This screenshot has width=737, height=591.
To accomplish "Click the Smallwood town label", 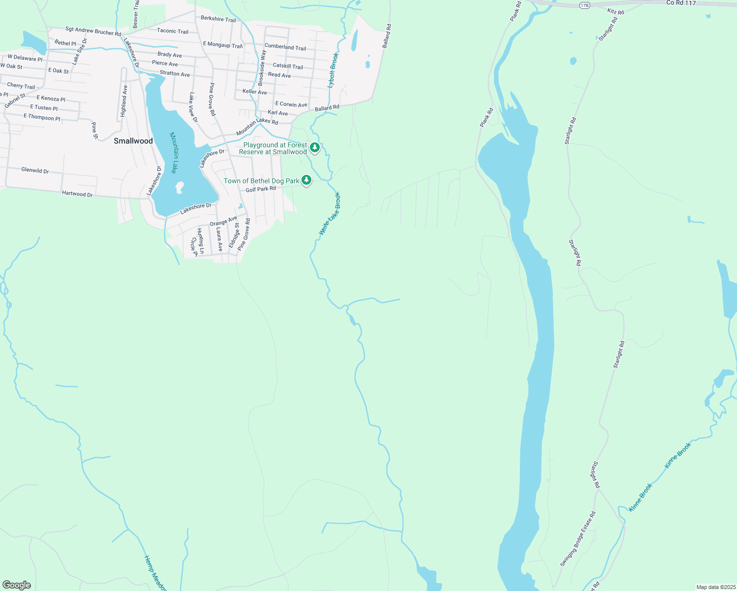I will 133,141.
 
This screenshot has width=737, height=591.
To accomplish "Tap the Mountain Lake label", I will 173,153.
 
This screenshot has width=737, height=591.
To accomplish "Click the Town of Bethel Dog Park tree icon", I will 306,180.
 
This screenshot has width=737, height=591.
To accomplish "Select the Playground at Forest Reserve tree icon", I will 315,147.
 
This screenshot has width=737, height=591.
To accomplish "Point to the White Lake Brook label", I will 330,214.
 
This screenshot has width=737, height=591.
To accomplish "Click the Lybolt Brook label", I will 334,70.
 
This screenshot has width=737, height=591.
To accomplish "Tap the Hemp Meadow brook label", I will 155,573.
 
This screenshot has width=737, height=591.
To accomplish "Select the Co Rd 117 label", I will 681,3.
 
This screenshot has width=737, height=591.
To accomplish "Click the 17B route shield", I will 585,5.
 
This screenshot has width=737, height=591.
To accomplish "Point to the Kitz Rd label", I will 615,11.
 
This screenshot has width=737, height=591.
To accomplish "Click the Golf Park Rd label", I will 261,189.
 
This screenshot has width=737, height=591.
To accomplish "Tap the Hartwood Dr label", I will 77,194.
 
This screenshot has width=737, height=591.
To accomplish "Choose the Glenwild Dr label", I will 35,170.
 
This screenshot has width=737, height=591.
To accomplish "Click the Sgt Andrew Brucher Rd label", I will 93,32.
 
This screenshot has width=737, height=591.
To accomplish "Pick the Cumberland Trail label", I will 285,47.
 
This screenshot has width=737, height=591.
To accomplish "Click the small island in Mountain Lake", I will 179,187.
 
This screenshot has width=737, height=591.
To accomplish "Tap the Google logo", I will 17,585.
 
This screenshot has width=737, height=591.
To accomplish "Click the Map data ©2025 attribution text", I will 715,587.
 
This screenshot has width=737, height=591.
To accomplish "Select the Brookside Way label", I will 262,67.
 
